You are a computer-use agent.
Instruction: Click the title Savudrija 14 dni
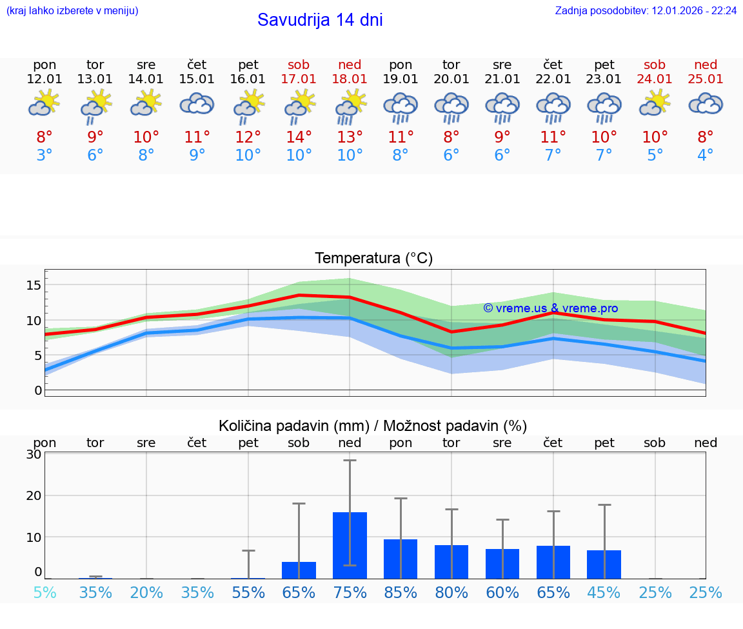(320, 20)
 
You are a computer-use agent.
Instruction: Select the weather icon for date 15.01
(197, 104)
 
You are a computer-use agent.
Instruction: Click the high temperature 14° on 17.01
(299, 137)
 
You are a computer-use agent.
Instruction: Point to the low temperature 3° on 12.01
(45, 155)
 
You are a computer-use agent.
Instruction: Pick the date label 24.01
(655, 79)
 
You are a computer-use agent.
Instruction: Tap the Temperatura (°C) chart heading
(373, 259)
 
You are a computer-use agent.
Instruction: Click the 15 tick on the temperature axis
(34, 285)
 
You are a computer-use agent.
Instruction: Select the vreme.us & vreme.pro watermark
(550, 308)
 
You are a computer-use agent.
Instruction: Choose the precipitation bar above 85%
(401, 559)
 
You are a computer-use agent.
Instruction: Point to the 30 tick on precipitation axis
(34, 454)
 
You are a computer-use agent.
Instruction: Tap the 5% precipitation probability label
(45, 592)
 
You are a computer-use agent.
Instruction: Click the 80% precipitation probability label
(451, 592)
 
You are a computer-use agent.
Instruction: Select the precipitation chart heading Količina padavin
(373, 426)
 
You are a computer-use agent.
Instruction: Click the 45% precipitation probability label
(604, 592)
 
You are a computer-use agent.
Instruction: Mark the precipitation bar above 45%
(604, 564)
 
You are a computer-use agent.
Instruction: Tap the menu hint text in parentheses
(72, 11)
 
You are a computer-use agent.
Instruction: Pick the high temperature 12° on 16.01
(248, 137)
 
